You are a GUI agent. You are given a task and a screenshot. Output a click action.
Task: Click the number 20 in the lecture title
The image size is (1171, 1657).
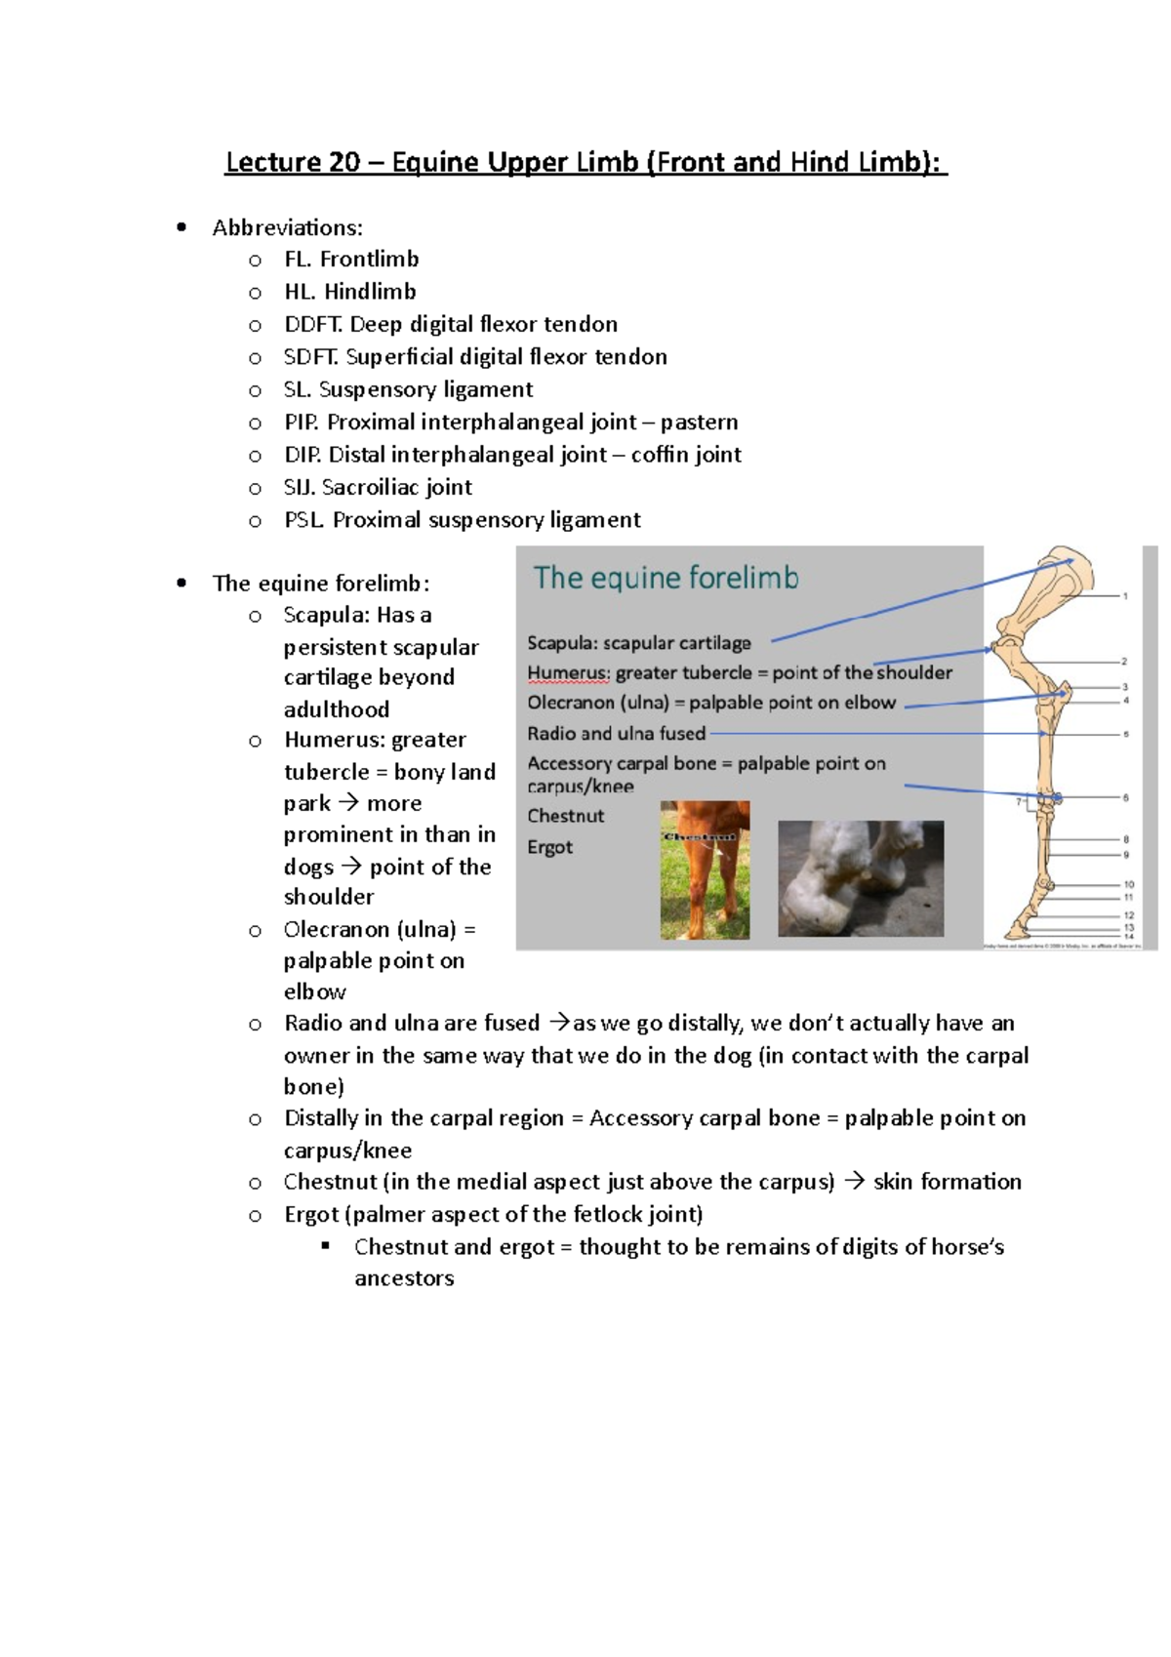point(344,162)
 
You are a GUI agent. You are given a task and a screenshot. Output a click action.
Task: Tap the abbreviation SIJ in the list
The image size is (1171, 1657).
point(300,487)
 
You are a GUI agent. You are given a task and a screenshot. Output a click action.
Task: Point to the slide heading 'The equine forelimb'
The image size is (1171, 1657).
point(666,578)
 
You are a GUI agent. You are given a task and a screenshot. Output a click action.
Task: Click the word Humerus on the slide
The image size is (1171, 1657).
point(567,672)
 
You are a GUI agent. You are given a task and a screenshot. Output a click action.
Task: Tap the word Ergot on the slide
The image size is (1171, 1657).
point(549,847)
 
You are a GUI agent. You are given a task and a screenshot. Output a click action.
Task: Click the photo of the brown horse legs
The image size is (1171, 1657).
point(705,869)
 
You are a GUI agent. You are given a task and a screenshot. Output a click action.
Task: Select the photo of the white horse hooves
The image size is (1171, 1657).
point(860,878)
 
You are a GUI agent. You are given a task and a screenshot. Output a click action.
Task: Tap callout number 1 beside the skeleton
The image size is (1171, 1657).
point(1125,595)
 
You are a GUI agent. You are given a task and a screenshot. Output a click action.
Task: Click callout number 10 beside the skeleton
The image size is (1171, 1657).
point(1128,884)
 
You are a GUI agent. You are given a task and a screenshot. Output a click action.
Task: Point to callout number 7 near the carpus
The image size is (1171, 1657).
point(1019,802)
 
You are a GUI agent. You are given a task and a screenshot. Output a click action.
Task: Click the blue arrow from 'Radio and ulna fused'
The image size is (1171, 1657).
point(878,733)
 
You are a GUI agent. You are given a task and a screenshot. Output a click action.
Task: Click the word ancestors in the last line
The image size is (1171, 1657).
point(404,1278)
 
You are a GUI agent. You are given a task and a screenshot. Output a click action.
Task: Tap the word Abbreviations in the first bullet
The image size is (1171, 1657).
point(287,227)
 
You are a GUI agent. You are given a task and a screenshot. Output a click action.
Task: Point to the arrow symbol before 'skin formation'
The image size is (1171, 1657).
point(854,1182)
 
